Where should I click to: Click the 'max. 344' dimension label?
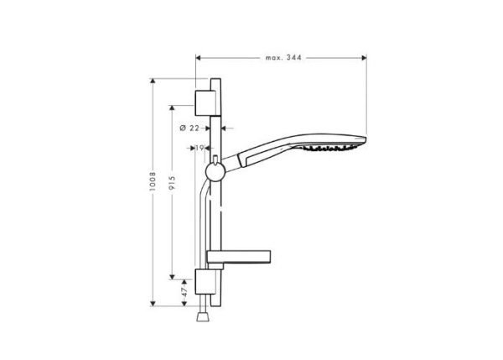pos(283,58)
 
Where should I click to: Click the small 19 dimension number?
pos(201,148)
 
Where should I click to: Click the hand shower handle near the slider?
pos(251,156)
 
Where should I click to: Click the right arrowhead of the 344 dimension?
pos(364,58)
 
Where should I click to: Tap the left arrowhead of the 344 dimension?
pos(199,58)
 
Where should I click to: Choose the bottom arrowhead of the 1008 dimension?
pos(153,305)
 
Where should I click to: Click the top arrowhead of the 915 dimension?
pos(172,108)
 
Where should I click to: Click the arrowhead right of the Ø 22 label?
pos(228,128)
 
